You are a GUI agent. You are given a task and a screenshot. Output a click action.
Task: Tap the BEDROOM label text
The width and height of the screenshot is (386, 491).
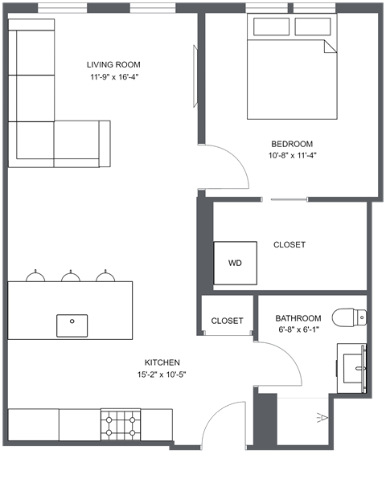point(291,144)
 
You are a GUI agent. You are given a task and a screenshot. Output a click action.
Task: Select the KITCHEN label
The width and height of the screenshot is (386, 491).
point(162,362)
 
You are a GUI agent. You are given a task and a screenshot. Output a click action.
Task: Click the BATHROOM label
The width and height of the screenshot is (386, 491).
point(298,318)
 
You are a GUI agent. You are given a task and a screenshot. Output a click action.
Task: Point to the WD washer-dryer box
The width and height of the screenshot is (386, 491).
point(235,263)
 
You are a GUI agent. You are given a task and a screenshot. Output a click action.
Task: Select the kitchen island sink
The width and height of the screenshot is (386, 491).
point(72,325)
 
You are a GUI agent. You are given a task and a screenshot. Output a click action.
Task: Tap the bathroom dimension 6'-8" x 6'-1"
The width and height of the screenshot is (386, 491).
point(298,329)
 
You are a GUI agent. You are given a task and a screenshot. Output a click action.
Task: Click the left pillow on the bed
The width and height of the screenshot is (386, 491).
point(270,27)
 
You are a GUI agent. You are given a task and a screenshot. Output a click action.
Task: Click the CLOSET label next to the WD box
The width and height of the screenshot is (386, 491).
point(289,245)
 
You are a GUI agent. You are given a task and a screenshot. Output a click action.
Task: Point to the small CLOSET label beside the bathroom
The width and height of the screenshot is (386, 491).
point(227,321)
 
